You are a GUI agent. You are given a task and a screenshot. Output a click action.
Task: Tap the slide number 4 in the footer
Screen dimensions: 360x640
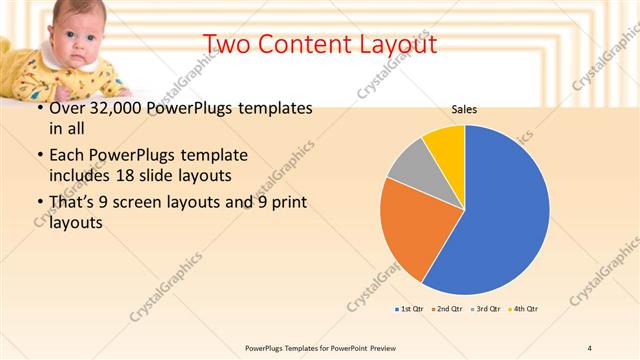590,347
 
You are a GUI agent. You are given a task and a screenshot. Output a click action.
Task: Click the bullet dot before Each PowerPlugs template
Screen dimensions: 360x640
39,156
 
